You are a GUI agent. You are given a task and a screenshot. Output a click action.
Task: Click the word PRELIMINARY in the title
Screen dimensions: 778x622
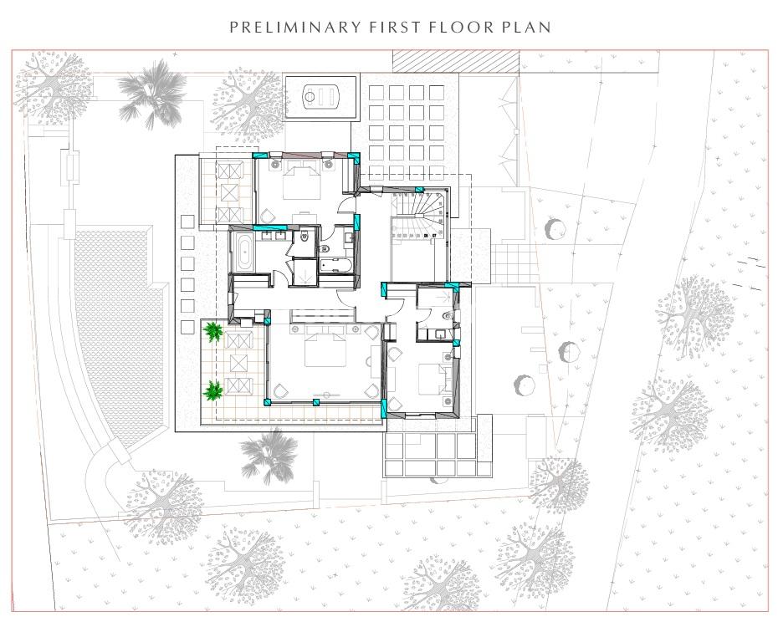tap(295, 27)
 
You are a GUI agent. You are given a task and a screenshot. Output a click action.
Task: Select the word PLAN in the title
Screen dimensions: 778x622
tap(526, 27)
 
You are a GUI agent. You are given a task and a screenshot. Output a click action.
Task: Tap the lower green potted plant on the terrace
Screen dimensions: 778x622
tap(212, 390)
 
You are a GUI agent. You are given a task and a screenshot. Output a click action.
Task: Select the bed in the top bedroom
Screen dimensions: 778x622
tap(302, 182)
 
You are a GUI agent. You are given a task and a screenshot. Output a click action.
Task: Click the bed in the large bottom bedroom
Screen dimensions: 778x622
tap(325, 349)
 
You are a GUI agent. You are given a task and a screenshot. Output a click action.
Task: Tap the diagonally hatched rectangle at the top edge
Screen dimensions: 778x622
tap(455, 60)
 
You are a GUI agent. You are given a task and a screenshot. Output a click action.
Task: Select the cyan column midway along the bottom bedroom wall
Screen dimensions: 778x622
tap(315, 402)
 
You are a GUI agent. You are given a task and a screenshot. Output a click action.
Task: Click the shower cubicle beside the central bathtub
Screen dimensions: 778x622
tap(305, 273)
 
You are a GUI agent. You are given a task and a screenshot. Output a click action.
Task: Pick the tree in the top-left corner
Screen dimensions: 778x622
tap(53, 89)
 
